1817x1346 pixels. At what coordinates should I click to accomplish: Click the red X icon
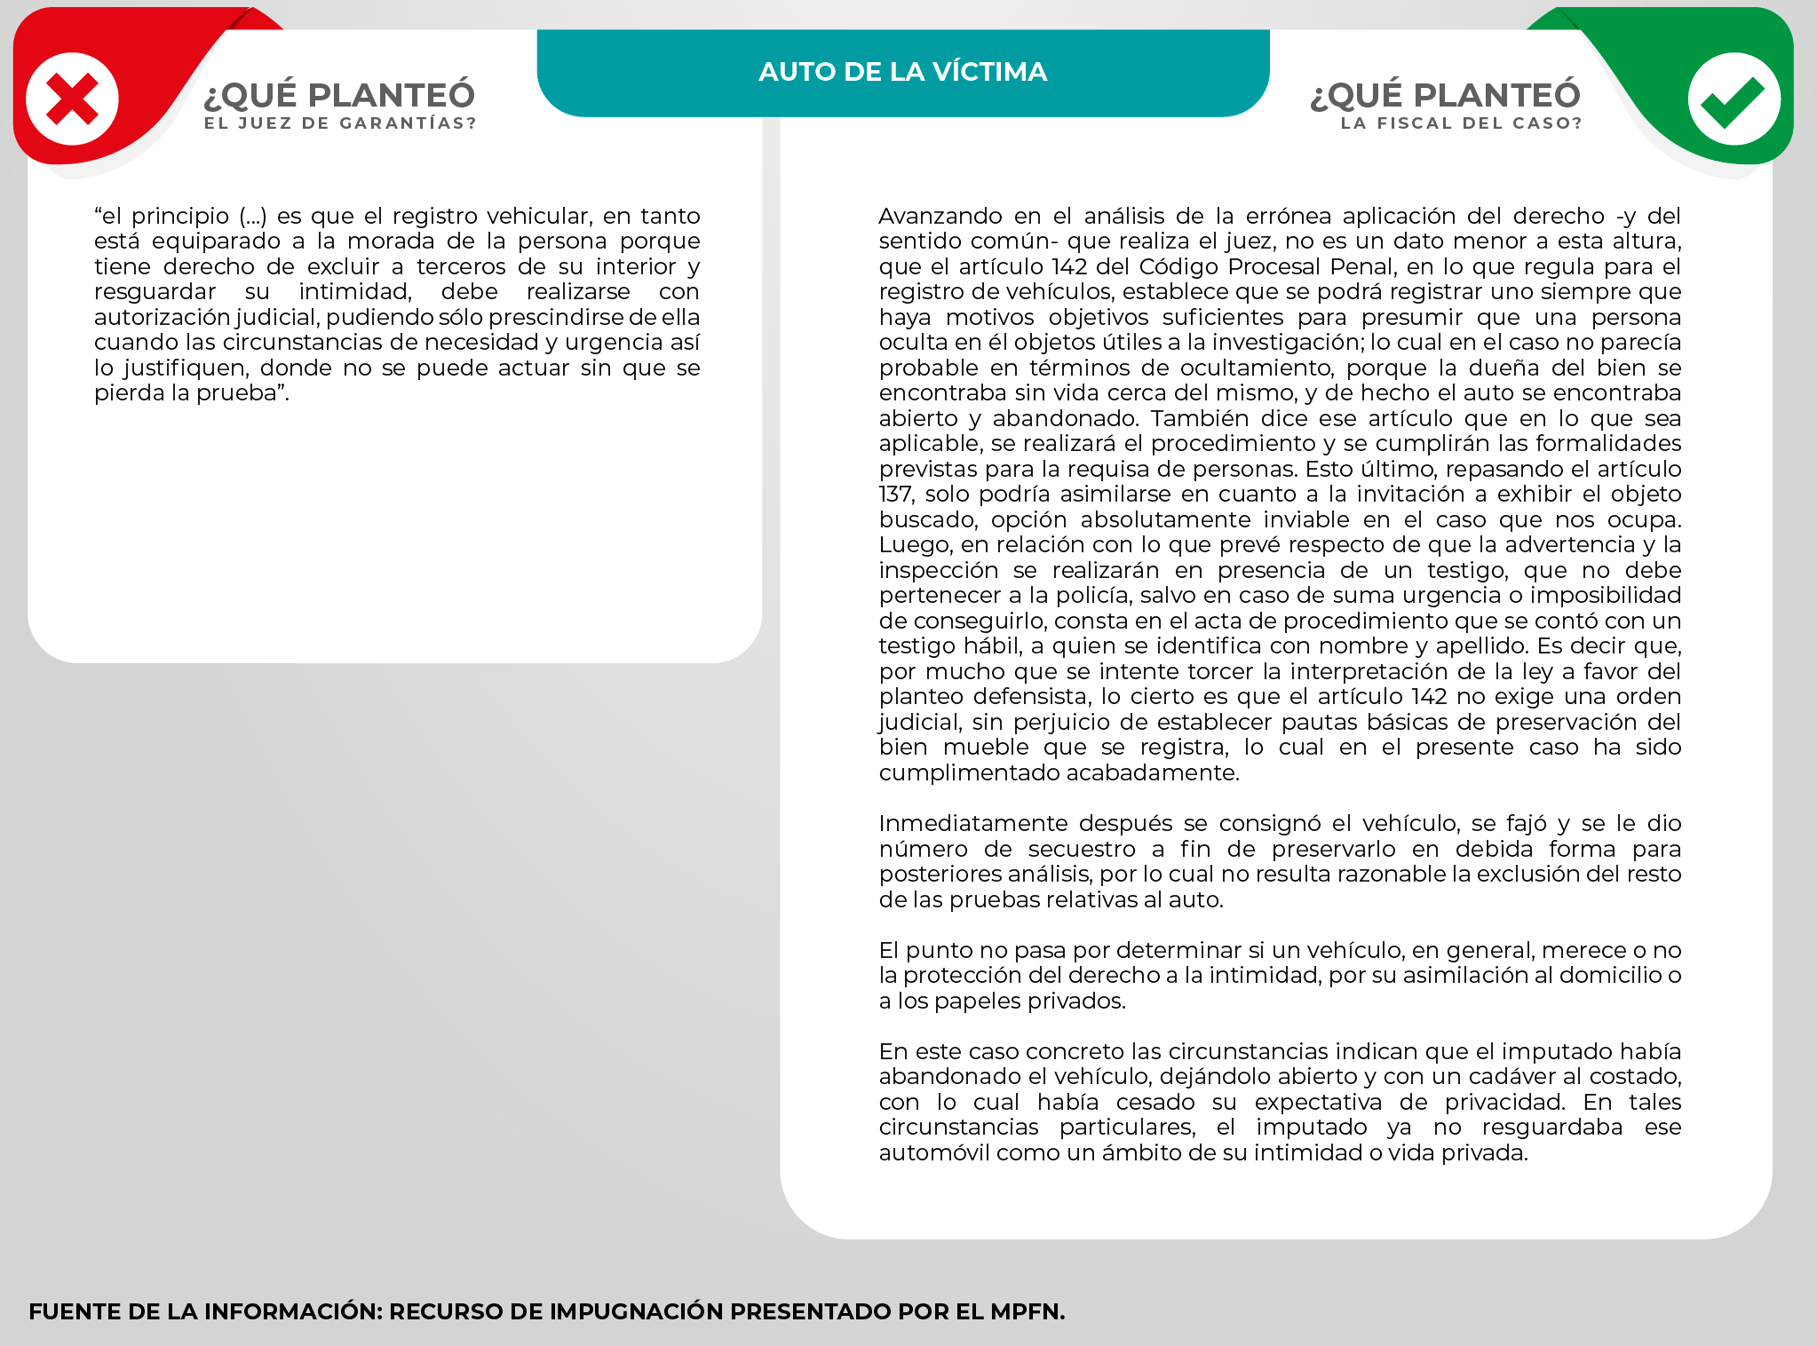pos(72,99)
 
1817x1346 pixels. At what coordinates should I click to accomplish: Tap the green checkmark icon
pos(1733,99)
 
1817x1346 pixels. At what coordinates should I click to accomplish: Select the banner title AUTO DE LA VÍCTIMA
pos(902,72)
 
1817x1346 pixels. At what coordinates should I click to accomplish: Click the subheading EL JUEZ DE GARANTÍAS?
pos(340,123)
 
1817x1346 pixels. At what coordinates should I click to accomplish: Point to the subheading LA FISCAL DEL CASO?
pos(1461,123)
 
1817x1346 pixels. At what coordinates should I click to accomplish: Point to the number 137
pos(896,495)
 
